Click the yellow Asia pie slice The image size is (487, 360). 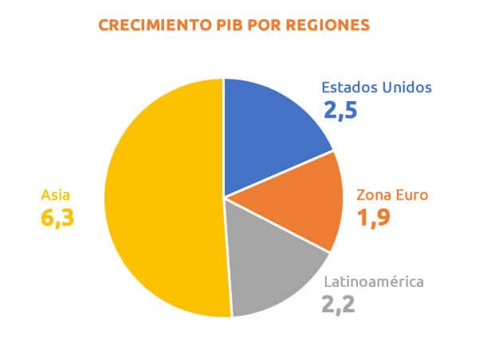159,199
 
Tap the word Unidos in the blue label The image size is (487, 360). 406,87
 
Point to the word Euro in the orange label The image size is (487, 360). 413,194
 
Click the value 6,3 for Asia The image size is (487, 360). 57,217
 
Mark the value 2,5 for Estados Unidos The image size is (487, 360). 340,109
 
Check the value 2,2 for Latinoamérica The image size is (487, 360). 340,303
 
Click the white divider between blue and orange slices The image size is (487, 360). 279,173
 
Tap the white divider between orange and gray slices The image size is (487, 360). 277,225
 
